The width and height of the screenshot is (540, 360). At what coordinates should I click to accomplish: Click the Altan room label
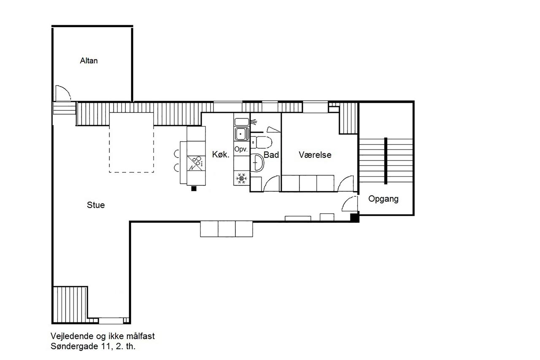[x=89, y=60]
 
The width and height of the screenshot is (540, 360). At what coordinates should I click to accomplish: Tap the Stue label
[x=96, y=205]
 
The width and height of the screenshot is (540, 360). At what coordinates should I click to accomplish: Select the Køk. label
[x=221, y=154]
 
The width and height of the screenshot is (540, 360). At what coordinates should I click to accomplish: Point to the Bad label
[x=271, y=155]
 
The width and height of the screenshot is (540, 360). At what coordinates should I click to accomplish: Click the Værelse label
[x=315, y=155]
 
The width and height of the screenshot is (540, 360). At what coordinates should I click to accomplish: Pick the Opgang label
[x=383, y=199]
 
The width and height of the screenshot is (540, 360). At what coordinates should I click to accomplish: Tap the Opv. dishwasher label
[x=241, y=149]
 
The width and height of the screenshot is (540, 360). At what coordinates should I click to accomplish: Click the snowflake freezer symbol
[x=241, y=179]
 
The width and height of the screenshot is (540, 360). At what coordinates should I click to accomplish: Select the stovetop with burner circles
[x=196, y=163]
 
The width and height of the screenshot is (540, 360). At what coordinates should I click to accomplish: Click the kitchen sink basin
[x=241, y=134]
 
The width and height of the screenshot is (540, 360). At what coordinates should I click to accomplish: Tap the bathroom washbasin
[x=257, y=162]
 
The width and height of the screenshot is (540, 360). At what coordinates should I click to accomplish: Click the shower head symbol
[x=254, y=122]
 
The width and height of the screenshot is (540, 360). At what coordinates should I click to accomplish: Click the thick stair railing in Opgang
[x=386, y=161]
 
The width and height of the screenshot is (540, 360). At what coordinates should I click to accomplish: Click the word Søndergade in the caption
[x=75, y=346]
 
